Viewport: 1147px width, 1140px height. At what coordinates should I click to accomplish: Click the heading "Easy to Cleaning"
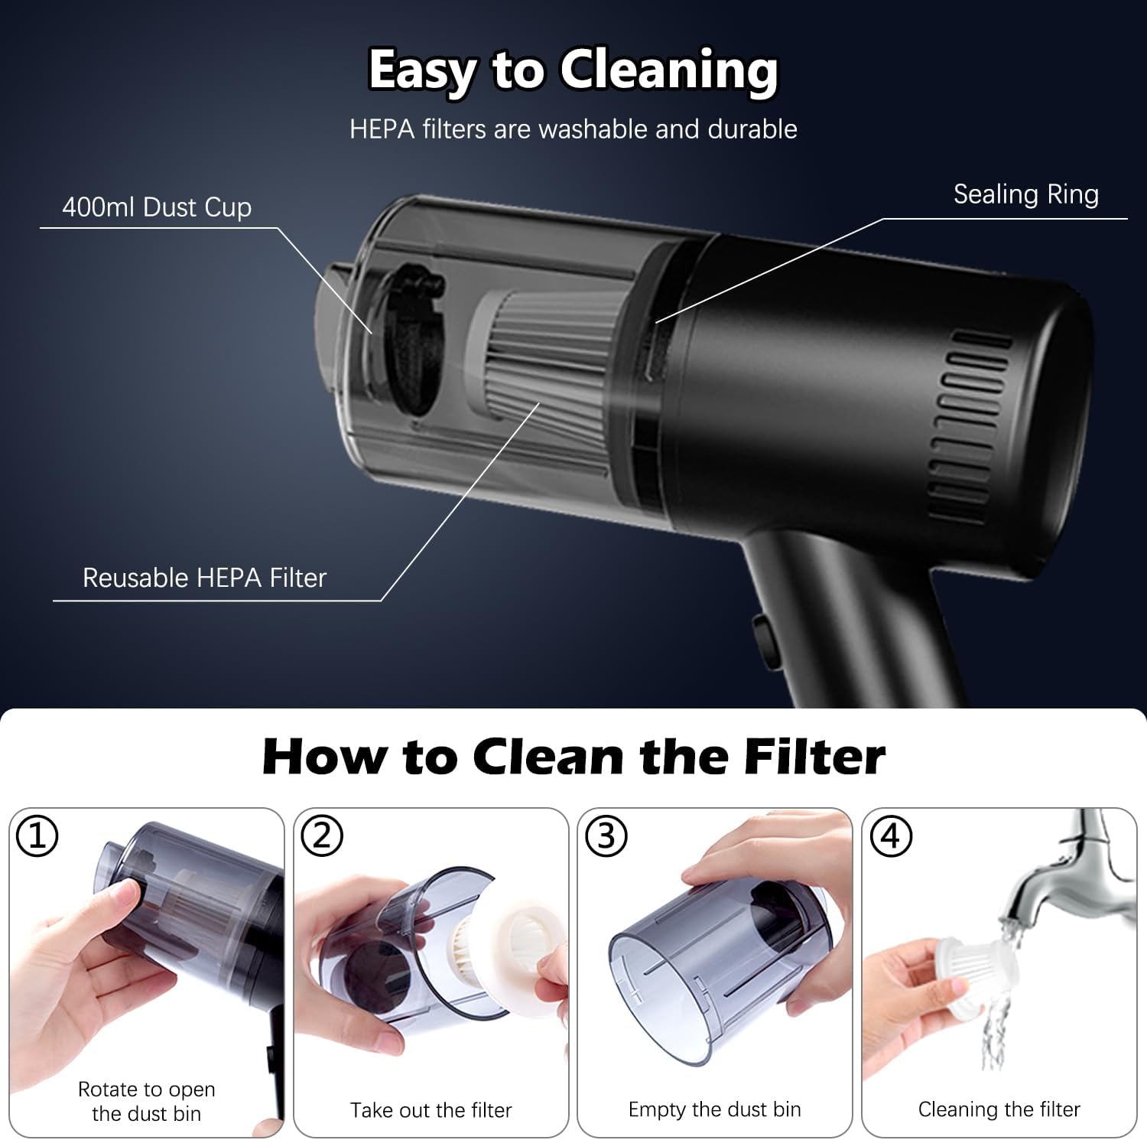click(573, 70)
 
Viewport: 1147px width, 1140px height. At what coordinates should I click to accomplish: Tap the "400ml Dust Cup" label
click(157, 207)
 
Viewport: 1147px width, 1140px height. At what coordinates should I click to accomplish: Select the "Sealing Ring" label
click(1026, 194)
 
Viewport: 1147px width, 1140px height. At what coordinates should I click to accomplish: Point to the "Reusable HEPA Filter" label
click(204, 578)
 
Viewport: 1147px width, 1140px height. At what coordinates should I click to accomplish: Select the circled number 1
click(37, 836)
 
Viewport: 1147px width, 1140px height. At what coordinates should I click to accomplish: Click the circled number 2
click(321, 836)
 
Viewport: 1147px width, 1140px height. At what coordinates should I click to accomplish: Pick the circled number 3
click(606, 836)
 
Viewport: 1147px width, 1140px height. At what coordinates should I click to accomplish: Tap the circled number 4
click(890, 836)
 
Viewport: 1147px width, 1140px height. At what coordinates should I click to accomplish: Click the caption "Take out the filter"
click(431, 1110)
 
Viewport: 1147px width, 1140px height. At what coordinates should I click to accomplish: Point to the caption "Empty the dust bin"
click(714, 1109)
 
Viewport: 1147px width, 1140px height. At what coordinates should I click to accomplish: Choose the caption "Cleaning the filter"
click(999, 1109)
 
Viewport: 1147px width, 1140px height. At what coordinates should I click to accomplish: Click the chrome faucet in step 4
click(1078, 872)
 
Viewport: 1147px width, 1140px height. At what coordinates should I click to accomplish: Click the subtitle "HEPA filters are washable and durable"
click(573, 129)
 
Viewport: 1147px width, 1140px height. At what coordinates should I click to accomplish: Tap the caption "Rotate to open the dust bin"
click(146, 1101)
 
